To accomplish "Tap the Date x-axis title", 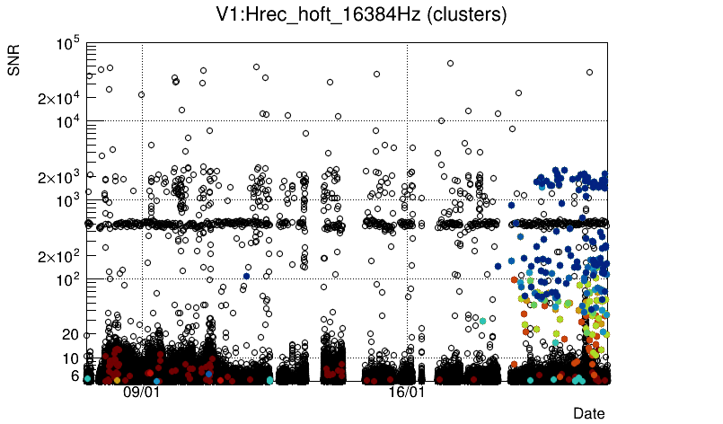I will (589, 412).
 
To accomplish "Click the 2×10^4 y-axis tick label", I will (59, 98).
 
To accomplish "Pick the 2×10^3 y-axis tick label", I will (59, 177).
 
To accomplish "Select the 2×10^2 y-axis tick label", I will (59, 256).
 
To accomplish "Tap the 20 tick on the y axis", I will (72, 334).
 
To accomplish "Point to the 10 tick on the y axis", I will (73, 358).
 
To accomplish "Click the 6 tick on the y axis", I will (76, 375).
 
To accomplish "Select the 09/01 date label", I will (141, 393).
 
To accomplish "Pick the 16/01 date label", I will (406, 393).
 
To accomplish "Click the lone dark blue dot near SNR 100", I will (245, 276).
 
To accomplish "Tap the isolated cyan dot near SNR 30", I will (483, 320).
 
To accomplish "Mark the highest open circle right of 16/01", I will (450, 63).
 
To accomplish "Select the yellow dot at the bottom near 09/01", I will (117, 380).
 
